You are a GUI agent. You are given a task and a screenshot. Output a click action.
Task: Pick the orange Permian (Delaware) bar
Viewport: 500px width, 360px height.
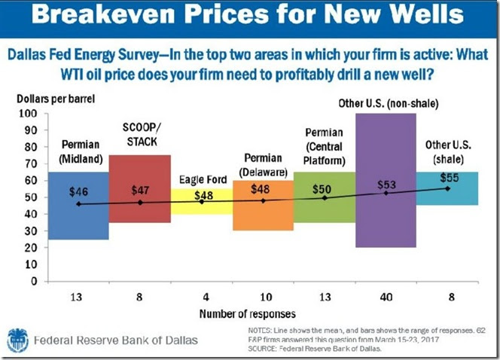coord(263,218)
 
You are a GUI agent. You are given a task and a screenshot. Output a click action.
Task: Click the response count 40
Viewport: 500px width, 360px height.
coord(386,295)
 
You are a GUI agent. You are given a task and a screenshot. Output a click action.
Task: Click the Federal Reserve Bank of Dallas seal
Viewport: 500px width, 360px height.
coord(19,340)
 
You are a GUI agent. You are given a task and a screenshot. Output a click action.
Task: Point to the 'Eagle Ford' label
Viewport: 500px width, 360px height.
coord(201,180)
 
